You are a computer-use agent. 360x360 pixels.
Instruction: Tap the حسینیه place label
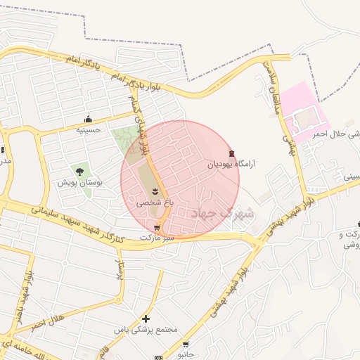pyautogui.click(x=89, y=129)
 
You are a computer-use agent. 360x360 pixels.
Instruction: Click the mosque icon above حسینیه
pyautogui.click(x=88, y=119)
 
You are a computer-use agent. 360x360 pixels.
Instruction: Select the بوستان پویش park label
pyautogui.click(x=80, y=182)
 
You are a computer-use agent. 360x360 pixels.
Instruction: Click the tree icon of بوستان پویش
pyautogui.click(x=79, y=170)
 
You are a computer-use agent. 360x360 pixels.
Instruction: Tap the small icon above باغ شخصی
pyautogui.click(x=155, y=191)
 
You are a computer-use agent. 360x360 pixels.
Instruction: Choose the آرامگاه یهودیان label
pyautogui.click(x=231, y=164)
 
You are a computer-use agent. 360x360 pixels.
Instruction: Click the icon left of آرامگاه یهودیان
pyautogui.click(x=232, y=153)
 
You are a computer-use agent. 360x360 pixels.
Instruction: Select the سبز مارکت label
pyautogui.click(x=156, y=238)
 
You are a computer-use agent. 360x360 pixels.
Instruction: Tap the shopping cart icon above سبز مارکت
pyautogui.click(x=156, y=227)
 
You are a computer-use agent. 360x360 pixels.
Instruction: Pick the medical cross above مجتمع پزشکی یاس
pyautogui.click(x=146, y=319)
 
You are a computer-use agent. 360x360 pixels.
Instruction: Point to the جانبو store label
pyautogui.click(x=185, y=355)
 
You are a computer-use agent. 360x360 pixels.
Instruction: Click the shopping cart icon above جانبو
pyautogui.click(x=186, y=345)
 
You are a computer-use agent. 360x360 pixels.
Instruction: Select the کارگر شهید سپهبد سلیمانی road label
pyautogui.click(x=77, y=223)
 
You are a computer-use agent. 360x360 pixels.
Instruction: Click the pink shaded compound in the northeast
pyautogui.click(x=304, y=112)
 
